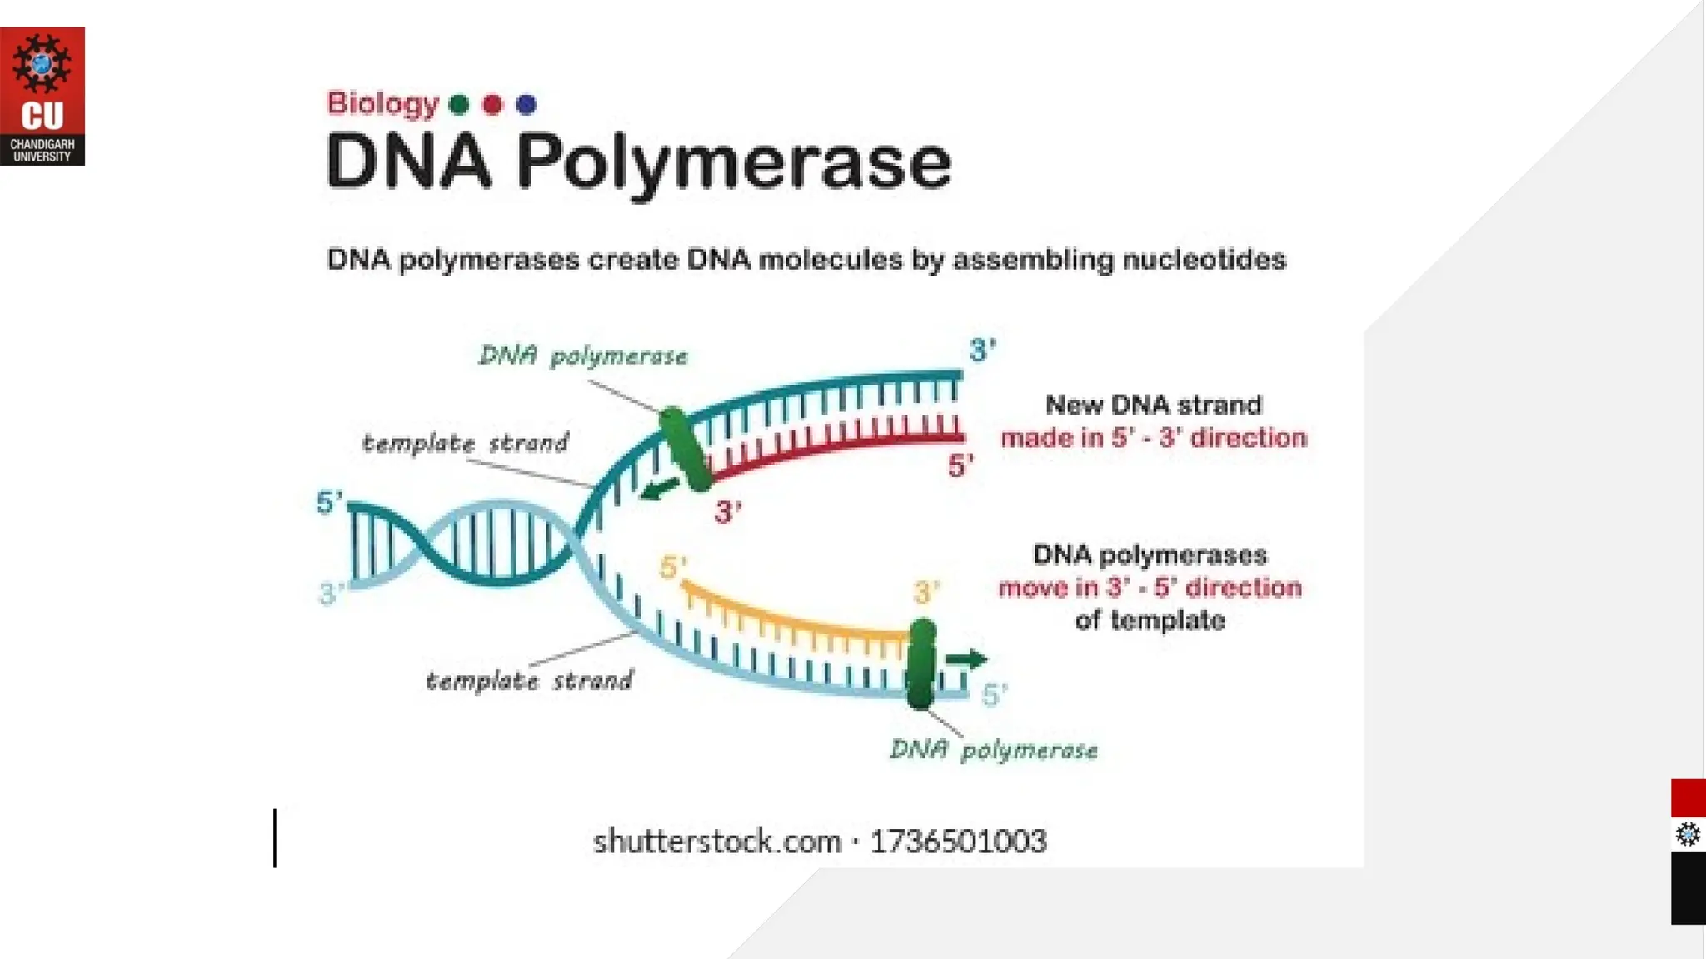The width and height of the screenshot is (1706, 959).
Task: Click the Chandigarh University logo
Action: coord(42,96)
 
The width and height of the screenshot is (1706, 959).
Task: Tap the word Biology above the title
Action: coord(382,103)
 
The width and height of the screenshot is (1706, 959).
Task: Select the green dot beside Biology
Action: coord(459,105)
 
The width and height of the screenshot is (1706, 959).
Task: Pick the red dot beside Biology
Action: coord(493,105)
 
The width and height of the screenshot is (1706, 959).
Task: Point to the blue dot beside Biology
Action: coord(526,105)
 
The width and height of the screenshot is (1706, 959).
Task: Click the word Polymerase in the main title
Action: coord(733,162)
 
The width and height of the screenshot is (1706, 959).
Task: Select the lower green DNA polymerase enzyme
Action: coord(920,663)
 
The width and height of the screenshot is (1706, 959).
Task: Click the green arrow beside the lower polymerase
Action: coord(966,660)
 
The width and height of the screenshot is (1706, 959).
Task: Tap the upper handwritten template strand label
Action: coord(465,443)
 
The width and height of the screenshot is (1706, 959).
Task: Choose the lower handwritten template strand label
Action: coord(529,681)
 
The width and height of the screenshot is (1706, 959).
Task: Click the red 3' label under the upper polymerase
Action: coord(727,512)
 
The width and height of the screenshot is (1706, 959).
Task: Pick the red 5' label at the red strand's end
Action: coord(960,466)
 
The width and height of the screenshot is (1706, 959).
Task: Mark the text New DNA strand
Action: coord(1153,405)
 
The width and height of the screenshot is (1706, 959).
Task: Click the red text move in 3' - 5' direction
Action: coord(1150,588)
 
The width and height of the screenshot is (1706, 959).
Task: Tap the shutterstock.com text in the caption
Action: coord(716,842)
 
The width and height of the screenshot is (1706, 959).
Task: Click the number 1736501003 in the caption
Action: coord(958,842)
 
